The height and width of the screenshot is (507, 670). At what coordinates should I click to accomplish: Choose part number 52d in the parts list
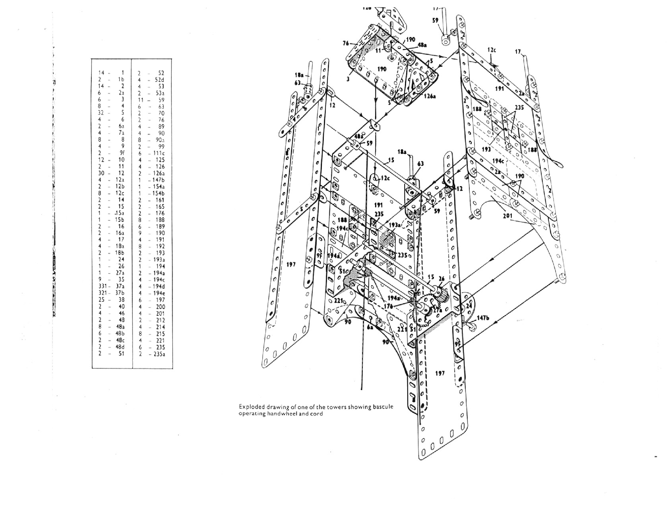pos(159,80)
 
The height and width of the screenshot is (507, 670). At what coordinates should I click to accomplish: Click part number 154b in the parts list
pos(159,193)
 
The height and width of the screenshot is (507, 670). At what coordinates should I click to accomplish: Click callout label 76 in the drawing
pos(345,43)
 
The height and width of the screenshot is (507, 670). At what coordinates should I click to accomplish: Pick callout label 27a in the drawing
pos(437,310)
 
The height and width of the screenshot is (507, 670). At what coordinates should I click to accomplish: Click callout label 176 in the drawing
pos(389,306)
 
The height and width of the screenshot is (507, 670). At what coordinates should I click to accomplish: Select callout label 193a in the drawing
pos(395,225)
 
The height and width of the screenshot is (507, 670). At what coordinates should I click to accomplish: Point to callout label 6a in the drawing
pos(370,327)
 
